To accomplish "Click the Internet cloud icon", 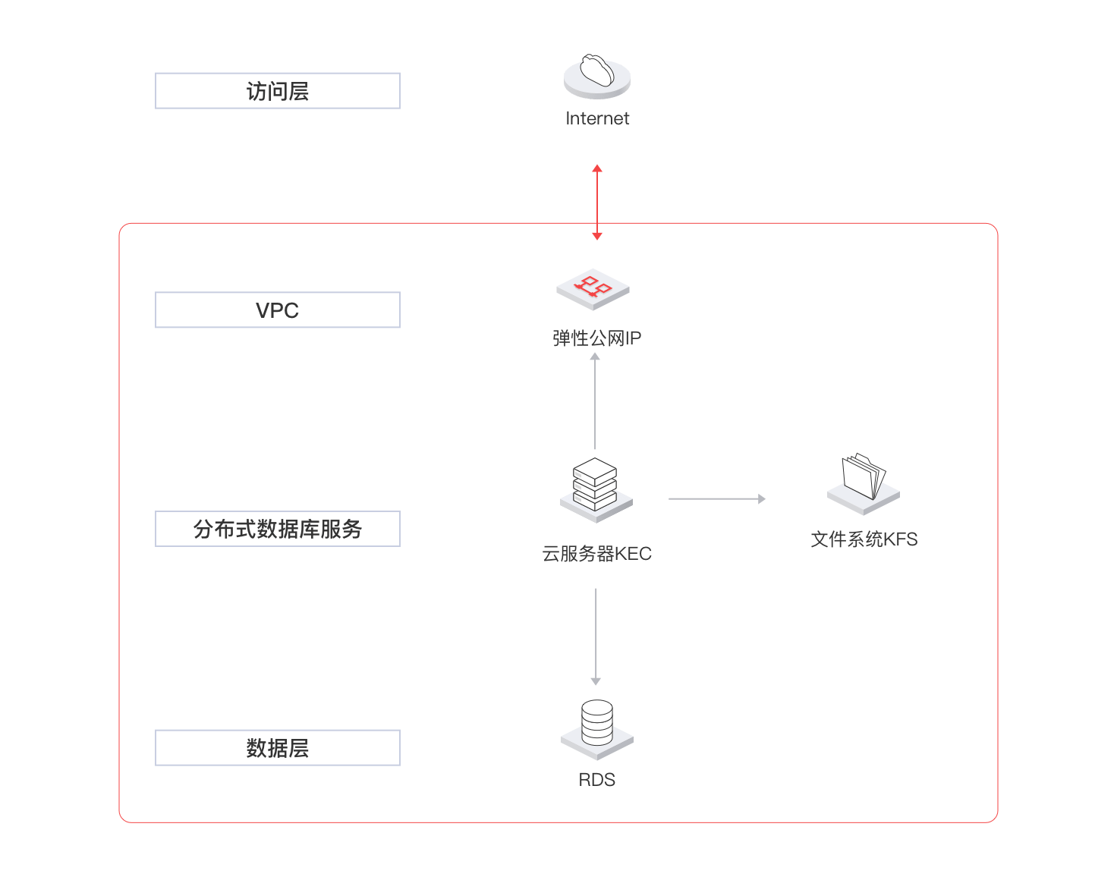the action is [x=596, y=77].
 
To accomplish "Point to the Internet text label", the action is [x=596, y=118].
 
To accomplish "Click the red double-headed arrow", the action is [x=596, y=203].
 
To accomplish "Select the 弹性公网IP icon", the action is [x=593, y=289].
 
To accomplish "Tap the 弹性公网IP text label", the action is [x=596, y=338].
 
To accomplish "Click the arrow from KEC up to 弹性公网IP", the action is [x=595, y=401].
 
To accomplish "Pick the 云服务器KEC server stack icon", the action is [x=596, y=490].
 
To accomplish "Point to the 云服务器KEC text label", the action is [x=596, y=554].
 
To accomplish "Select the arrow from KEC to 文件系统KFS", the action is [x=717, y=499].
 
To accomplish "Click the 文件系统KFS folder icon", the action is [x=864, y=484].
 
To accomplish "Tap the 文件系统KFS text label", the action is [x=864, y=539].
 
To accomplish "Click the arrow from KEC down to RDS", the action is [x=596, y=637].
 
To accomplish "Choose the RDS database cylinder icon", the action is [x=596, y=730].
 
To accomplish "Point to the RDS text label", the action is [x=596, y=780].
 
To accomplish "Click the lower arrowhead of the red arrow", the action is [x=596, y=237].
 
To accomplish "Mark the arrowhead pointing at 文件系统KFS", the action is [x=763, y=499].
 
